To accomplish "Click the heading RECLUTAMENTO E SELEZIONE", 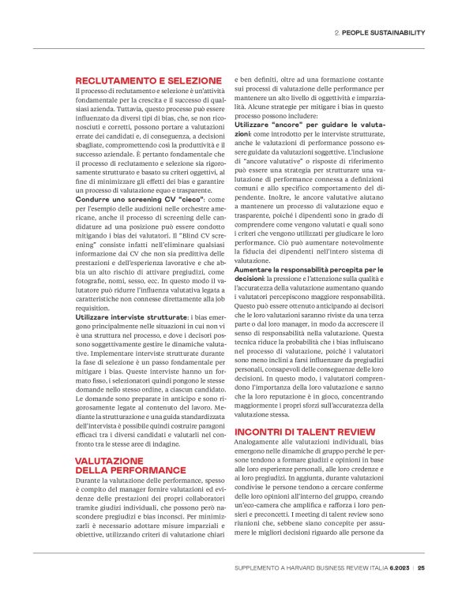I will (148, 80).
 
